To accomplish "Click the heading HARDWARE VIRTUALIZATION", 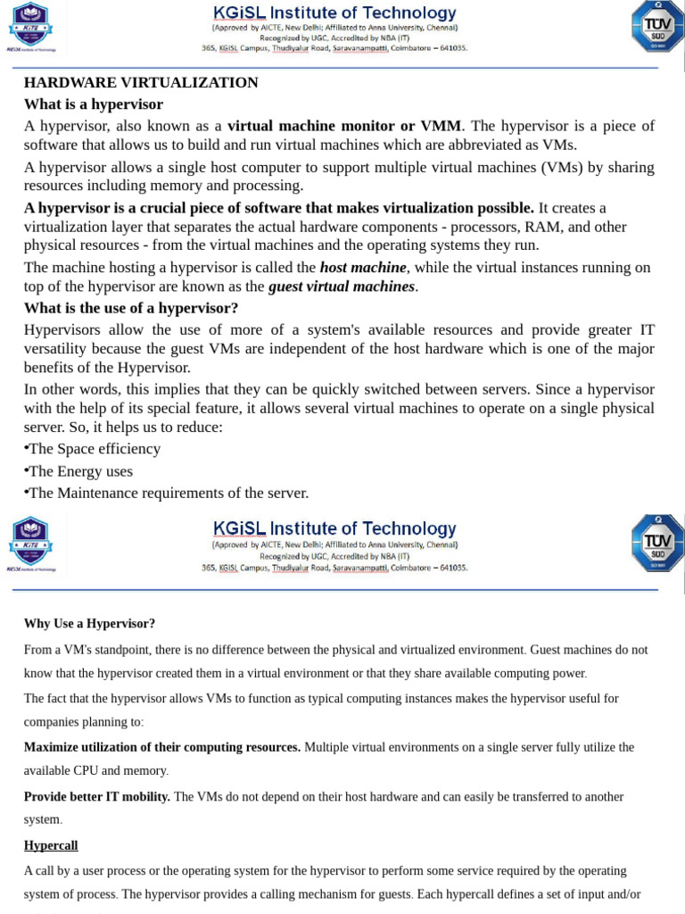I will pos(141,83).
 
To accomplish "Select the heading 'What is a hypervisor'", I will pos(94,104).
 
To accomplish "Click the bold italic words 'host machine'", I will pos(363,267).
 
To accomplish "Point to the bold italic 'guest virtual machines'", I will pos(342,287).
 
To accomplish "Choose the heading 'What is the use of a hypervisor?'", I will pos(131,309).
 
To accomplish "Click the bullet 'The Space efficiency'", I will pos(95,449).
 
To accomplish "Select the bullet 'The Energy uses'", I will pos(80,471).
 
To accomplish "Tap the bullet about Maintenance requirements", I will pos(168,493).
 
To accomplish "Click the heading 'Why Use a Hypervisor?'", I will pos(89,624).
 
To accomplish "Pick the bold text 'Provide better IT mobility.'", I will pos(97,796).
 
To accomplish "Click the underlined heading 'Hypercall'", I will pos(51,845).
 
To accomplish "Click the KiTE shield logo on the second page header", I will pos(30,541).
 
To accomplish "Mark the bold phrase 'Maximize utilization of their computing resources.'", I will pos(162,747).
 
